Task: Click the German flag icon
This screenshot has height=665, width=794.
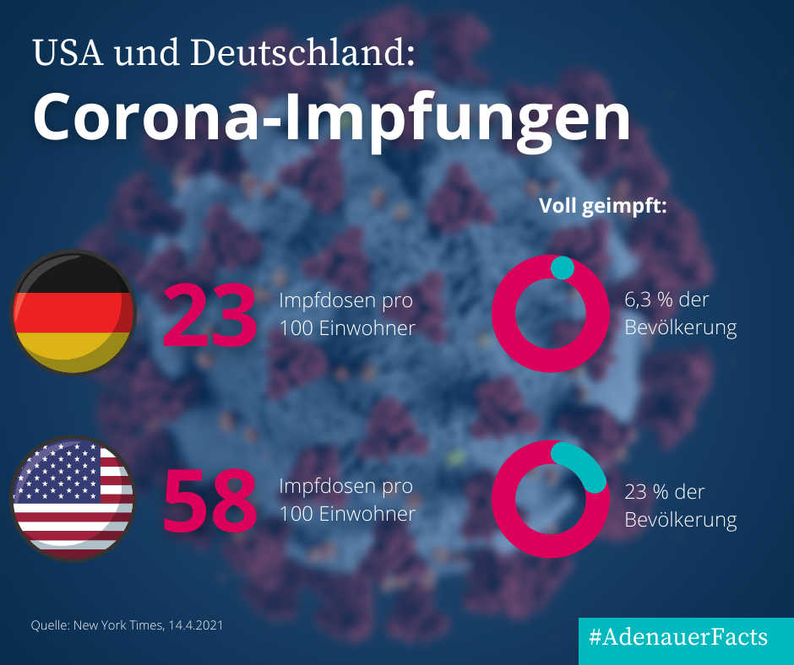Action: (73, 313)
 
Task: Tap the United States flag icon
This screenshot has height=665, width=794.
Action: (73, 499)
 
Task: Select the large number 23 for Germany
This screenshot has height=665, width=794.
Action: (209, 315)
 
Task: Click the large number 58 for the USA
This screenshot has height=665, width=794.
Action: (209, 500)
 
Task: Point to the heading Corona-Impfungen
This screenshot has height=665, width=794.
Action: (331, 118)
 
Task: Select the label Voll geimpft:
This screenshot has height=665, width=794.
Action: (603, 207)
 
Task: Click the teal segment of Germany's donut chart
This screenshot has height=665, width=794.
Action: (562, 268)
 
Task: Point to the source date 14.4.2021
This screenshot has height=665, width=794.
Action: (196, 625)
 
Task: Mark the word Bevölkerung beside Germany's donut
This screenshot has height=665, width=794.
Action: (680, 328)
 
